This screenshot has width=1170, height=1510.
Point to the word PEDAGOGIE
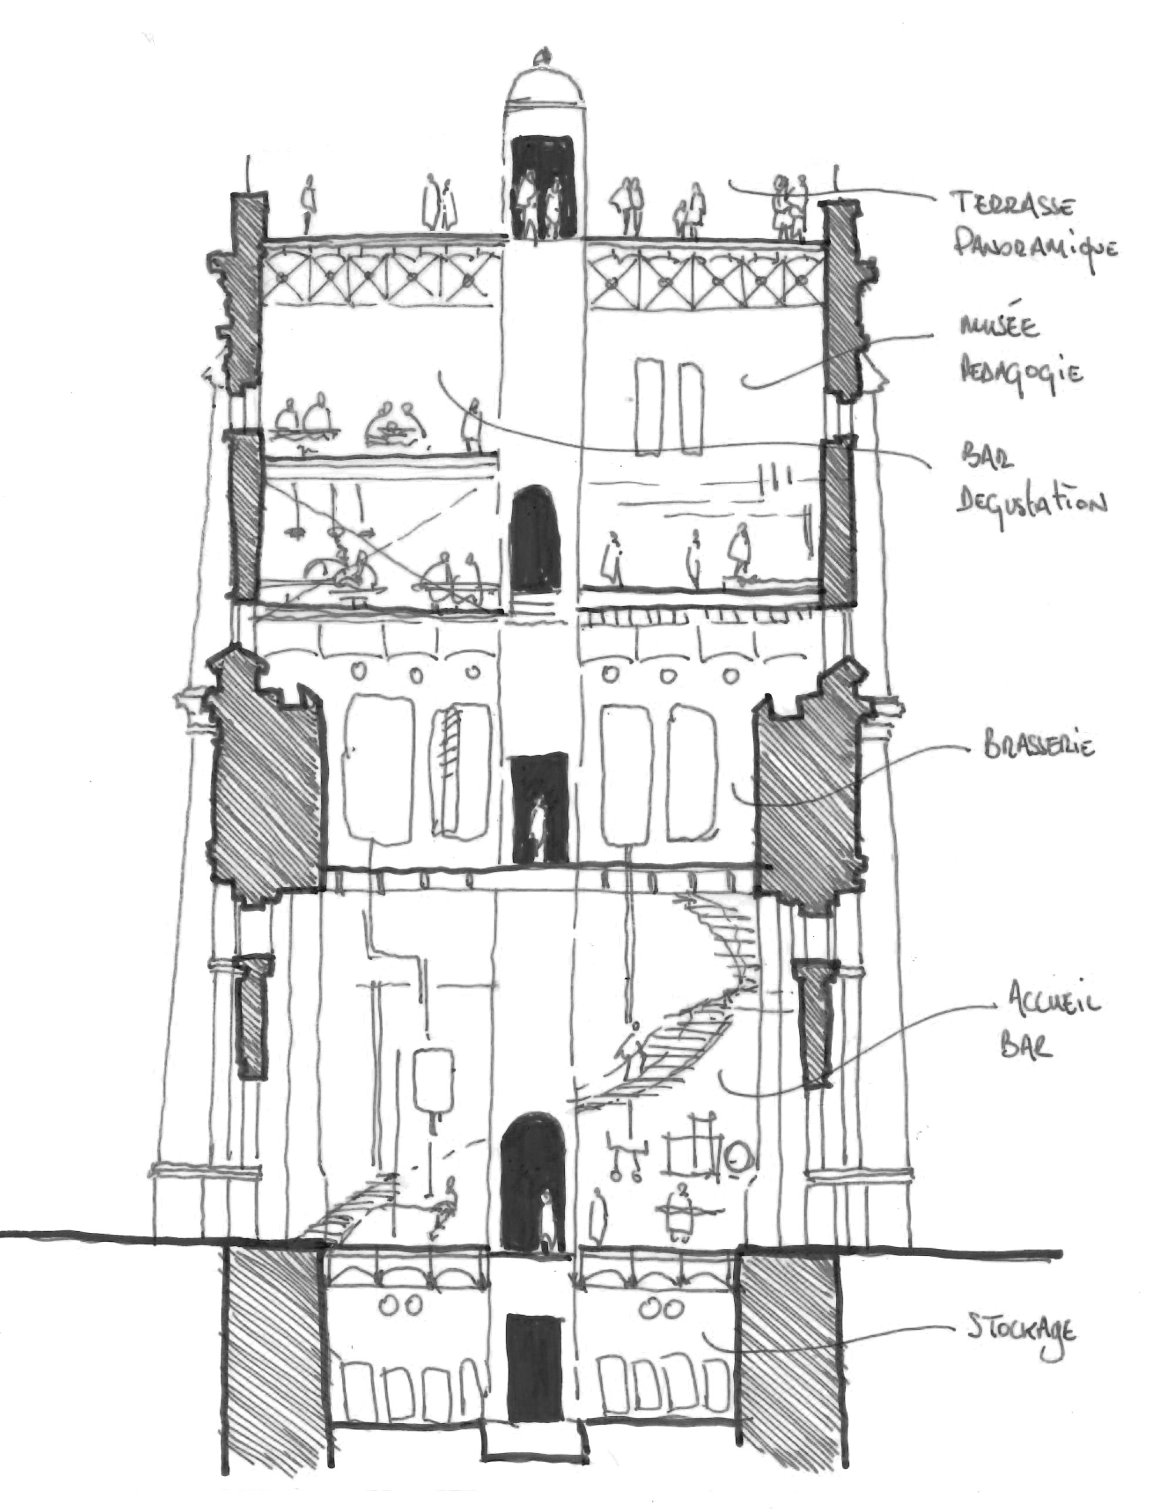tap(1020, 373)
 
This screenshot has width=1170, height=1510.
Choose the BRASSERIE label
tap(1037, 748)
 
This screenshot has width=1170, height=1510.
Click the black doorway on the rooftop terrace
tap(543, 187)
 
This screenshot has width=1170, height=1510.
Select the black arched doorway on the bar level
tap(535, 539)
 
